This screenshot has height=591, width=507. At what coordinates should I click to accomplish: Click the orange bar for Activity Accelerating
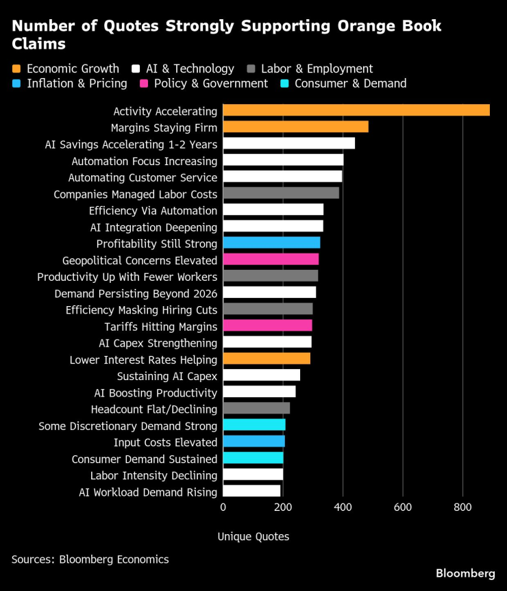pos(356,110)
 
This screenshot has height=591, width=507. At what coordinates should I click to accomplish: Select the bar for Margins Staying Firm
pos(295,127)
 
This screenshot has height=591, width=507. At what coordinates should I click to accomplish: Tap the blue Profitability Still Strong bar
pos(271,243)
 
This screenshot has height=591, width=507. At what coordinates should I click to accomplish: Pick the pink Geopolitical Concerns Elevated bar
pos(271,260)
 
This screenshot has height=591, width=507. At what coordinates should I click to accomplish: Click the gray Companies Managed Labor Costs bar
pos(281,194)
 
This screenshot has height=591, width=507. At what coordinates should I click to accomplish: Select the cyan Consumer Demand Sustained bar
pos(253,459)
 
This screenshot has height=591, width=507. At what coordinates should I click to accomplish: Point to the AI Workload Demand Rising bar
pos(251,492)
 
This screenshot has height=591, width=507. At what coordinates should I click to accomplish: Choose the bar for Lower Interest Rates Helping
pos(267,360)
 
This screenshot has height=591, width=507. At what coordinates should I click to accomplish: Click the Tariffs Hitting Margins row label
pos(160,327)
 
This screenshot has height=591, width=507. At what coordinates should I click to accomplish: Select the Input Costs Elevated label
pos(165,442)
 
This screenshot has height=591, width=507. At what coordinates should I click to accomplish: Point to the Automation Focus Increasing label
pos(145,161)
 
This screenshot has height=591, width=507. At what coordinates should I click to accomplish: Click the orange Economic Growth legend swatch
pos(17,68)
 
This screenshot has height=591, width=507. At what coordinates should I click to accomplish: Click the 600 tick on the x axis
pos(403,507)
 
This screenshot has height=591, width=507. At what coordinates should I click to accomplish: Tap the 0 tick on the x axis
pos(223,507)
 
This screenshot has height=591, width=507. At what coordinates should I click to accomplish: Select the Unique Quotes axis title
pos(253,537)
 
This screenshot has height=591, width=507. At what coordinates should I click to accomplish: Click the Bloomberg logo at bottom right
pos(465,573)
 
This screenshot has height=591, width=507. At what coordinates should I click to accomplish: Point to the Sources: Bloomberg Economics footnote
pos(90,559)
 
